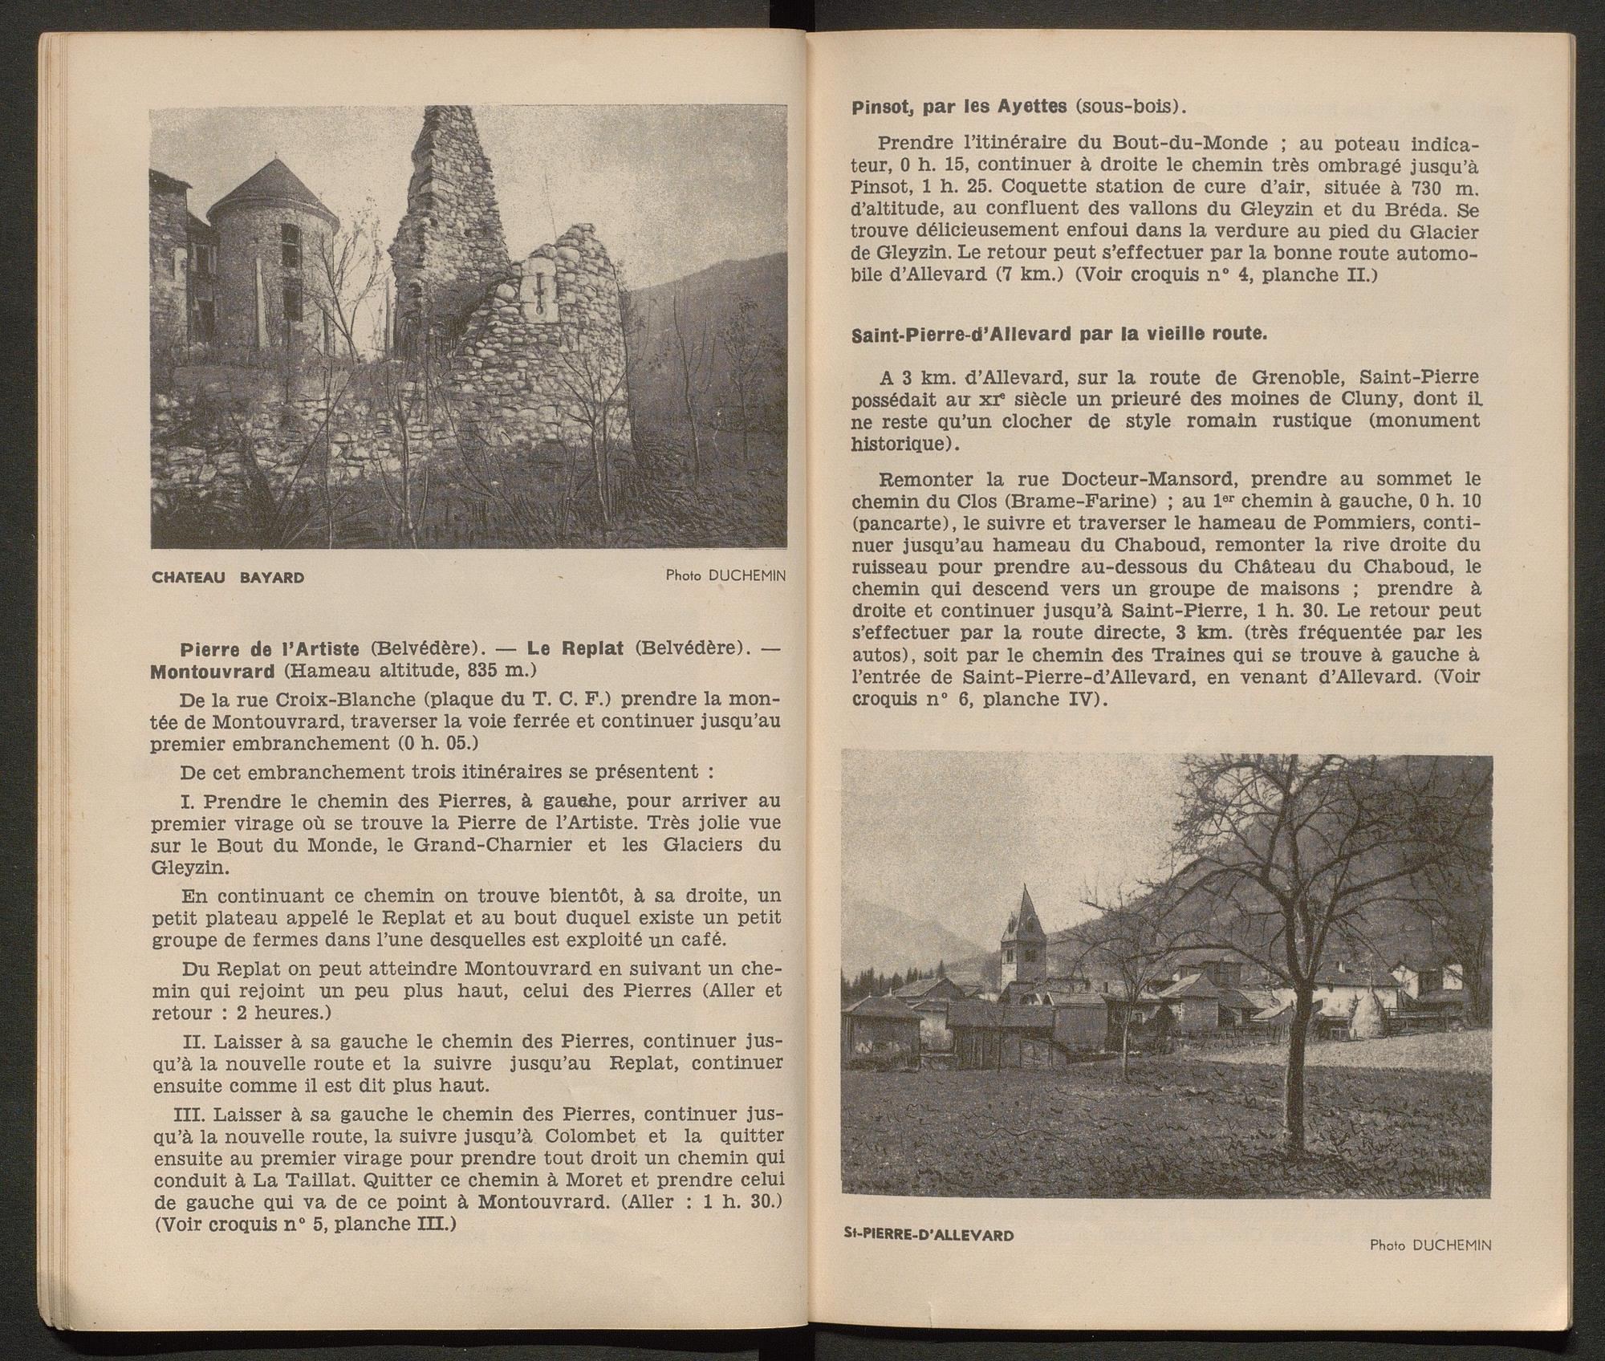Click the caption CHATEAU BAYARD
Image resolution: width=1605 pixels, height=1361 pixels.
coord(228,577)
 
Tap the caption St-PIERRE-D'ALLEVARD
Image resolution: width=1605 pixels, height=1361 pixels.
coord(928,1235)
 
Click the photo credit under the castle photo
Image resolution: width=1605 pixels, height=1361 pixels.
coord(725,575)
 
